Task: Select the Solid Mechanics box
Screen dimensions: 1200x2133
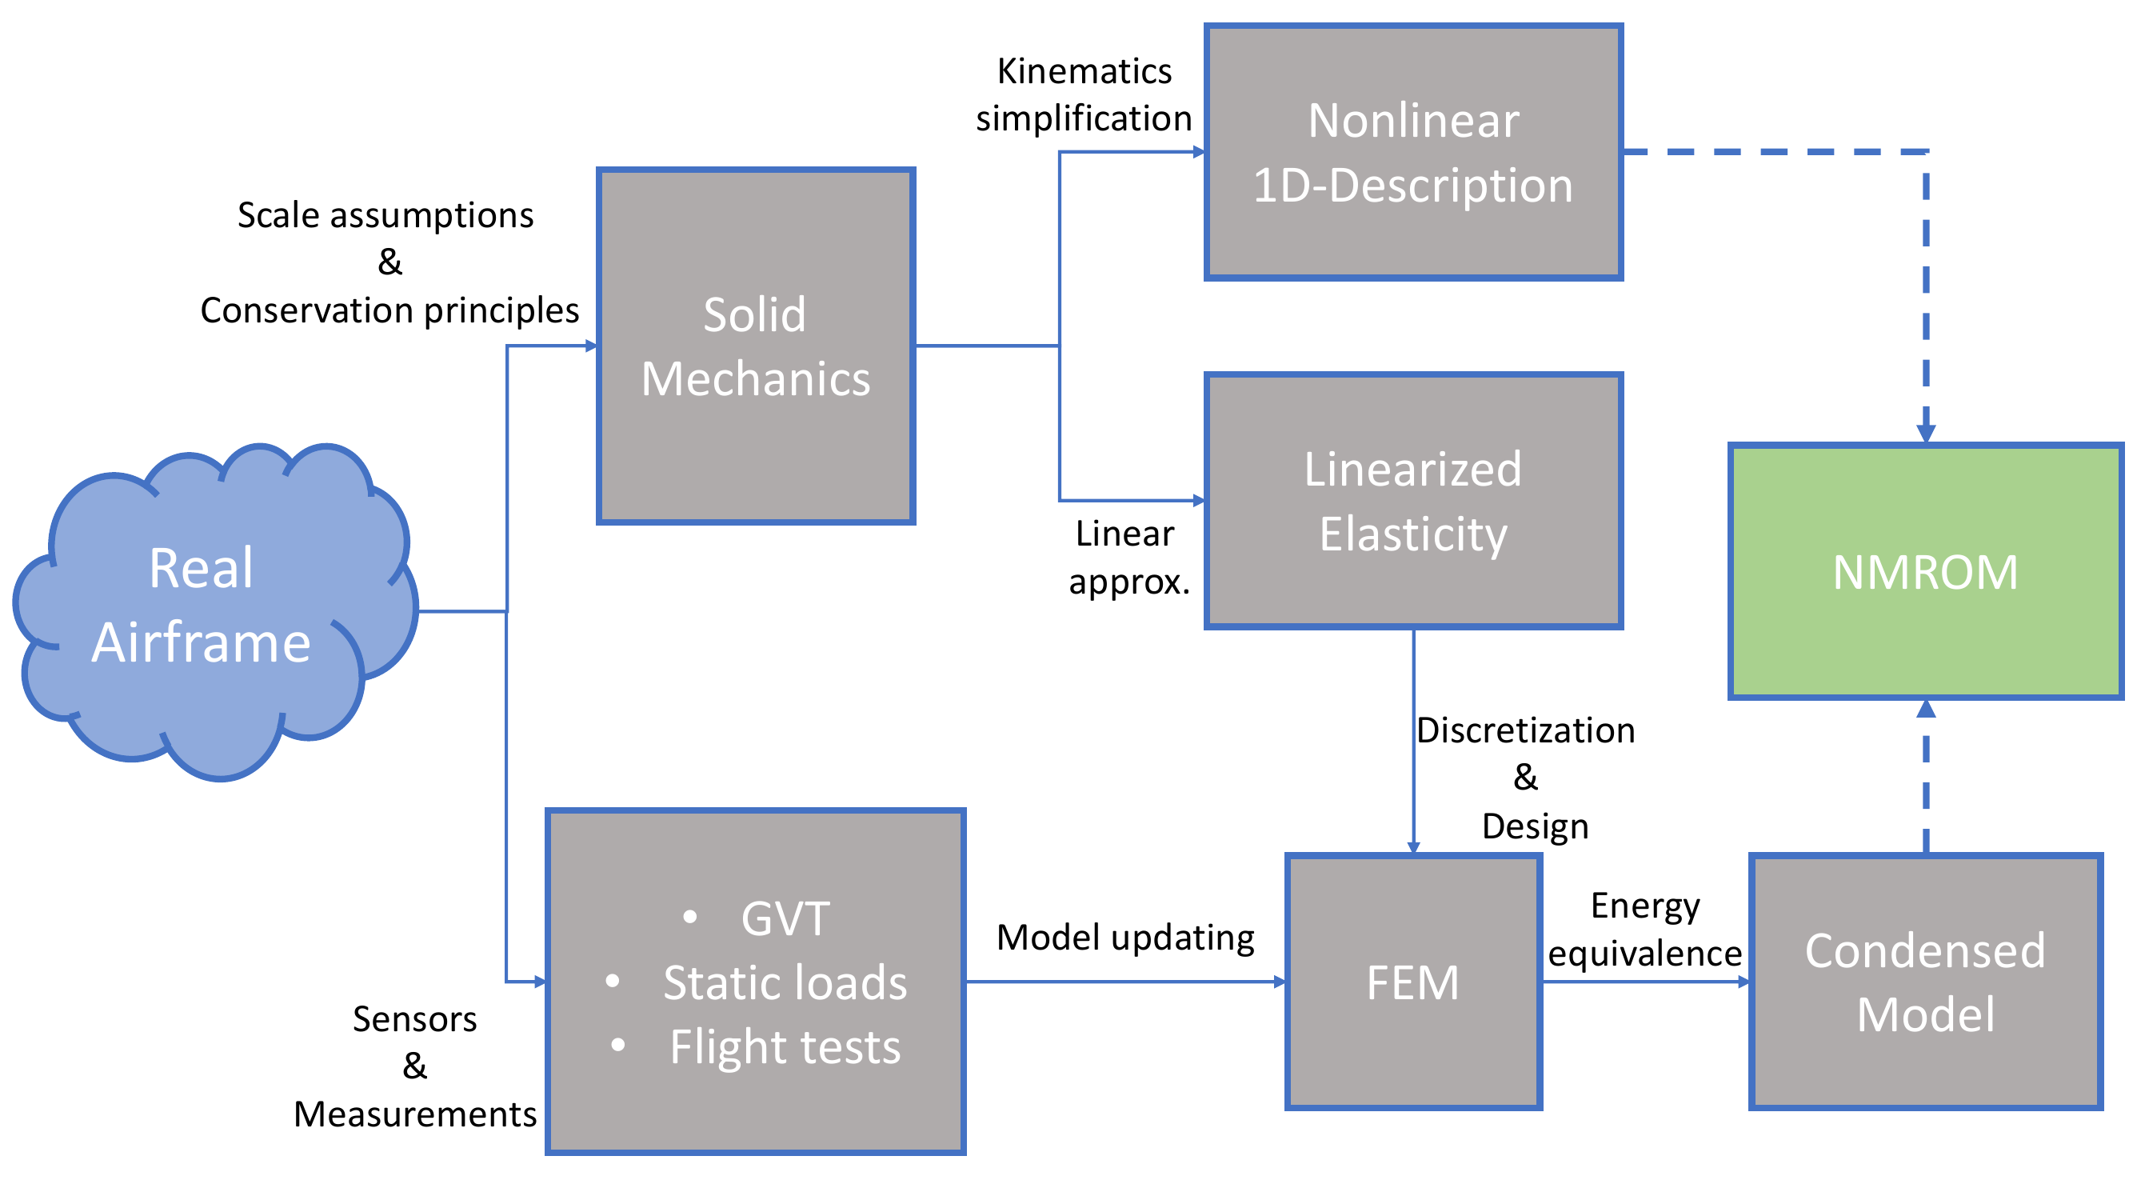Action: pyautogui.click(x=755, y=346)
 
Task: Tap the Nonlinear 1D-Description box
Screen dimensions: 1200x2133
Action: pyautogui.click(x=1412, y=152)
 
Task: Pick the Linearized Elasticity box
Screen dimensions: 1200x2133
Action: pyautogui.click(x=1412, y=500)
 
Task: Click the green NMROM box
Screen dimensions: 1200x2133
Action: pyautogui.click(x=1925, y=571)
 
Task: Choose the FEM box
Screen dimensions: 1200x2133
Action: pyautogui.click(x=1412, y=982)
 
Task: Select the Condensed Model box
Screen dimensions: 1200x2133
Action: pyautogui.click(x=1925, y=982)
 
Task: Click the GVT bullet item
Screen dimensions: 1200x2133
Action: pyautogui.click(x=784, y=918)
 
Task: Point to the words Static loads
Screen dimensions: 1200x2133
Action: pyautogui.click(x=784, y=983)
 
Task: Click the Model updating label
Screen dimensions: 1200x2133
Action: pyautogui.click(x=1124, y=938)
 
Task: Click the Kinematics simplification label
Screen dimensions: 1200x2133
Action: pyautogui.click(x=1083, y=94)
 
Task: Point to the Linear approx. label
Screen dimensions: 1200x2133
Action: pyautogui.click(x=1128, y=558)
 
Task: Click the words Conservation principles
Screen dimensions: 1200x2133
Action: pyautogui.click(x=389, y=310)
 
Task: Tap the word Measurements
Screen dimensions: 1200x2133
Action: pyautogui.click(x=415, y=1114)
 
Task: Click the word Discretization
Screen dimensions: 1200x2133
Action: pyautogui.click(x=1525, y=730)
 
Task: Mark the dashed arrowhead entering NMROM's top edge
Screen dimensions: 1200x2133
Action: pyautogui.click(x=1926, y=433)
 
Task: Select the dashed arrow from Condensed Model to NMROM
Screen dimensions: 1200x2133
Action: pyautogui.click(x=1926, y=778)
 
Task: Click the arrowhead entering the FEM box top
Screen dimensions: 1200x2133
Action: pyautogui.click(x=1413, y=847)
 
